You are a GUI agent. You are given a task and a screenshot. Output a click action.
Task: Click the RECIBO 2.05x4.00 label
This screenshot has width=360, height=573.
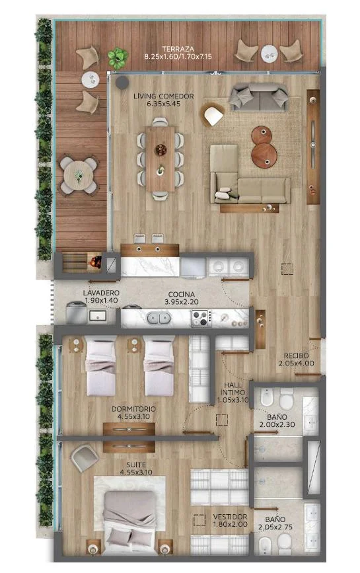point(296,360)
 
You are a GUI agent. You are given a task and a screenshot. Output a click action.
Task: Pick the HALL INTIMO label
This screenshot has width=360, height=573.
point(233,392)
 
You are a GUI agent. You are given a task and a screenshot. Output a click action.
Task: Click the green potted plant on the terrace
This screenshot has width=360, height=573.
point(118,57)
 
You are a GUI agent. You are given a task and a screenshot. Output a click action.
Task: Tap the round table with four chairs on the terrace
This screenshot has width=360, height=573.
point(79,175)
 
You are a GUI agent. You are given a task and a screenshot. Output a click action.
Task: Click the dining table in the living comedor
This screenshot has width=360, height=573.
point(160,159)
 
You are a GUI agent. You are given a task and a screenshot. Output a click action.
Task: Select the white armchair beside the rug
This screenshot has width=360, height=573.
point(213,115)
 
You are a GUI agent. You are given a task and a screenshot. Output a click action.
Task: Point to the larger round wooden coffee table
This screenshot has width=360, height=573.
point(264,155)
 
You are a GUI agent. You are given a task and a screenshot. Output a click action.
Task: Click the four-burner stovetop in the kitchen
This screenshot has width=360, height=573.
point(201,318)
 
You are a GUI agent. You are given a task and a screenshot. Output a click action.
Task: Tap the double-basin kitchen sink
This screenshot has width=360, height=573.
point(159,318)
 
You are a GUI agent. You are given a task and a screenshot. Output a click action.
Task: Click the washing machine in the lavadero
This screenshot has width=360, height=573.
point(76,313)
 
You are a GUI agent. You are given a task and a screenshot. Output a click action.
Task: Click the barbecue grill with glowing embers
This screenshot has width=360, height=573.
point(95,261)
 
